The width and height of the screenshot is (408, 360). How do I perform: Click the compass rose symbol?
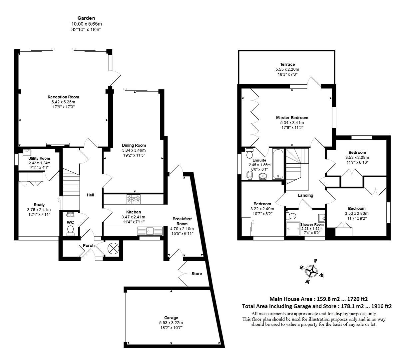[311, 271]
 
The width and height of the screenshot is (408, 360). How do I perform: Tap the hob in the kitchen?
[134, 199]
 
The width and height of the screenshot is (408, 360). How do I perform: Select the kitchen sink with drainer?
[150, 231]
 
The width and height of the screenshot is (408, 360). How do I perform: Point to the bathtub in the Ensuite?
[278, 164]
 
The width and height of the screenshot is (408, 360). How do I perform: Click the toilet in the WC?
[70, 231]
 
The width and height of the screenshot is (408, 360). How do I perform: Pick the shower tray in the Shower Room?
[293, 229]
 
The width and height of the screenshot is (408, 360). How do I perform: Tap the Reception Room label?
[63, 97]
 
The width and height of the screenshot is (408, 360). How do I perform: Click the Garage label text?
[171, 318]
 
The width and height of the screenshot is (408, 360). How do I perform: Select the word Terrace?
[287, 65]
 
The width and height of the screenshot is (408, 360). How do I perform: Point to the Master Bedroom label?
[292, 118]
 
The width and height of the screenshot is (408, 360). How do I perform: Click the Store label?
[197, 274]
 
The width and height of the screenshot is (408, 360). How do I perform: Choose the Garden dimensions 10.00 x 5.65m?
[86, 24]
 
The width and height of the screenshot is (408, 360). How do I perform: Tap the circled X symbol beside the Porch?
[113, 249]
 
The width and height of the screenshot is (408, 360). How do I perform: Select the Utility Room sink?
[27, 152]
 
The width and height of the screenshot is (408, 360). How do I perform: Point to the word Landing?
[305, 195]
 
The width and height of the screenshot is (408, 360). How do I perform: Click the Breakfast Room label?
[182, 221]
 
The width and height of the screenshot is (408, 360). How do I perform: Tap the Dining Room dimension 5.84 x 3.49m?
[134, 150]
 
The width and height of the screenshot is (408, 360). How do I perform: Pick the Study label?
[39, 205]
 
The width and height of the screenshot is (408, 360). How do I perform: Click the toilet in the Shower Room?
[291, 216]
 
